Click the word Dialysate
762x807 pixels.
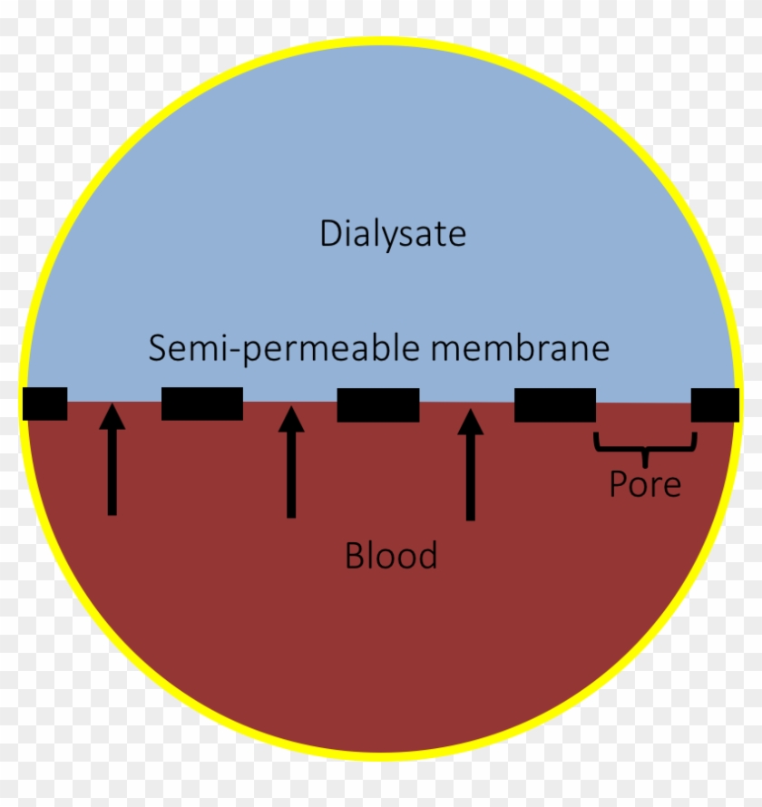pos(393,234)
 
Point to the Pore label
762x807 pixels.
pos(644,484)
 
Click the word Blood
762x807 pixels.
pos(391,554)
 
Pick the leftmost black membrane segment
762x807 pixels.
pos(45,403)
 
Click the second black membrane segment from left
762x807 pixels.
pos(201,403)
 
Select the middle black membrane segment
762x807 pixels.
pos(377,404)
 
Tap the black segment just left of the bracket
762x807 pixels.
pos(554,404)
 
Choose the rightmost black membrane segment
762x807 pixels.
pos(715,404)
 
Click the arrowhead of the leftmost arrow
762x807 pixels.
pos(112,416)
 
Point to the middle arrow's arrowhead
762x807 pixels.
pos(290,418)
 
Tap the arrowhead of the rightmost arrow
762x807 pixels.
pos(469,421)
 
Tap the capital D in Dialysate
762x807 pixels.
pos(329,234)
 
